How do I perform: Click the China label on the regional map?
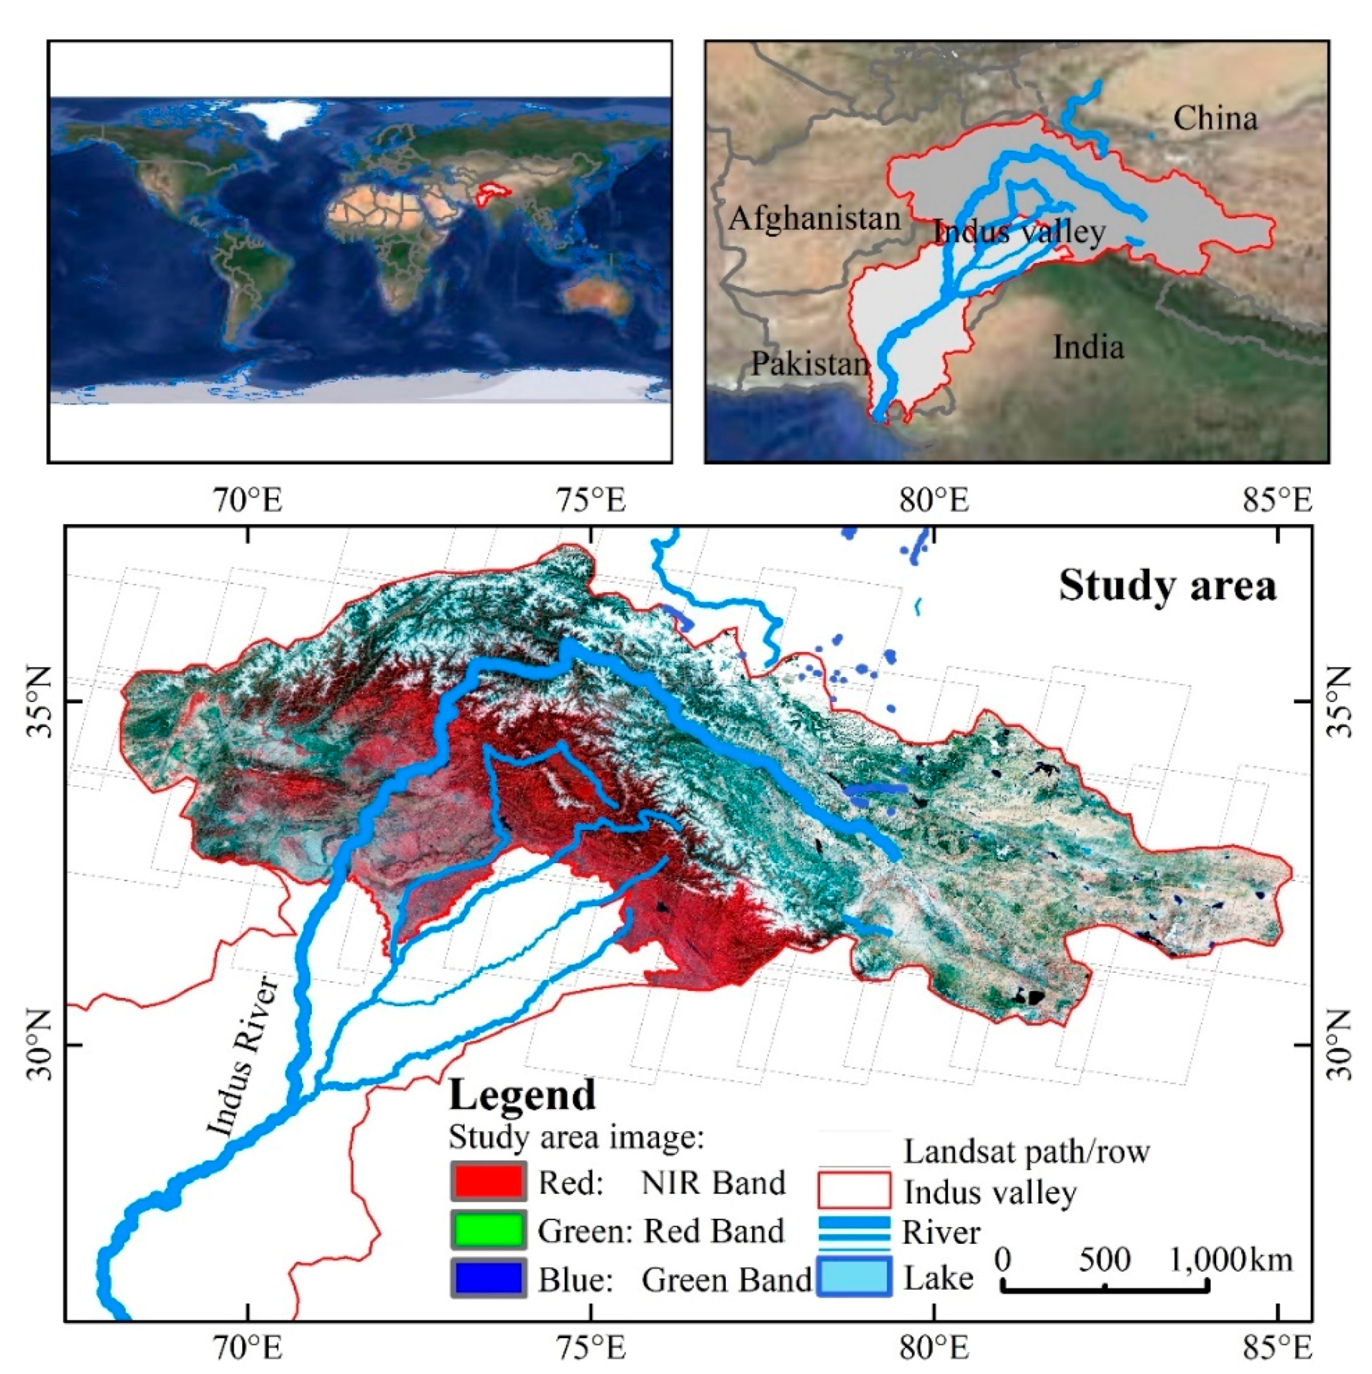(1215, 118)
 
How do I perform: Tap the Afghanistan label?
(814, 218)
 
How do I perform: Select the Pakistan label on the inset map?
(810, 364)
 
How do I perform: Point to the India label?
(1088, 347)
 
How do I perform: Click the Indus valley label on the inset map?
(1019, 232)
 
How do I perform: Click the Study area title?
(1167, 587)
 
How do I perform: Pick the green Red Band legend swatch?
(488, 1230)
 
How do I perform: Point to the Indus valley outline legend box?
(853, 1190)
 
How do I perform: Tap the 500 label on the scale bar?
(1104, 1260)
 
